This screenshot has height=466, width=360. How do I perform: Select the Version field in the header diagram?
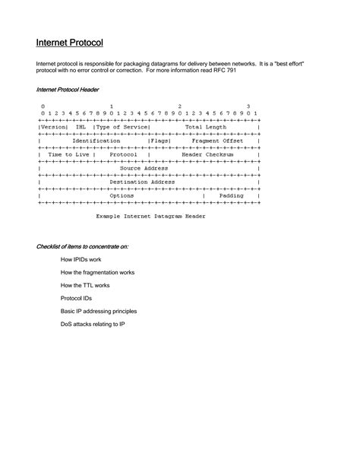pyautogui.click(x=52, y=127)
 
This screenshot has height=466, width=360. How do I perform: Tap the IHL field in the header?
pyautogui.click(x=79, y=127)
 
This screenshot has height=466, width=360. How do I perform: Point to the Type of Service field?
pyautogui.click(x=122, y=127)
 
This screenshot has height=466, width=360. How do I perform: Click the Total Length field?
pyautogui.click(x=205, y=127)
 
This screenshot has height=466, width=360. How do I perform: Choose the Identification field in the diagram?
pyautogui.click(x=96, y=141)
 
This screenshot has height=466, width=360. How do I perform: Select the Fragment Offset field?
pyautogui.click(x=217, y=141)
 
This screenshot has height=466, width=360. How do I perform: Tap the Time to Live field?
pyautogui.click(x=64, y=154)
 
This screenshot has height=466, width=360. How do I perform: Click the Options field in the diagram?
pyautogui.click(x=122, y=195)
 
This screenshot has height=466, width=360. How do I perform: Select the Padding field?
pyautogui.click(x=231, y=195)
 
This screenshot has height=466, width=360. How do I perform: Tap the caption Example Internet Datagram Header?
pyautogui.click(x=150, y=216)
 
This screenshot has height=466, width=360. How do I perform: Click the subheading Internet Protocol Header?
pyautogui.click(x=68, y=90)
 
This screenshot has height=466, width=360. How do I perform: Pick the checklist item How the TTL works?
pyautogui.click(x=85, y=285)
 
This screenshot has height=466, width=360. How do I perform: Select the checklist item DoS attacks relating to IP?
pyautogui.click(x=93, y=324)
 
